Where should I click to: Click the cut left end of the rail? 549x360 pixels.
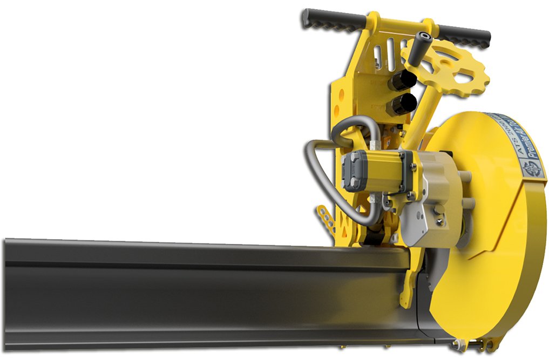pyautogui.click(x=6, y=291)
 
